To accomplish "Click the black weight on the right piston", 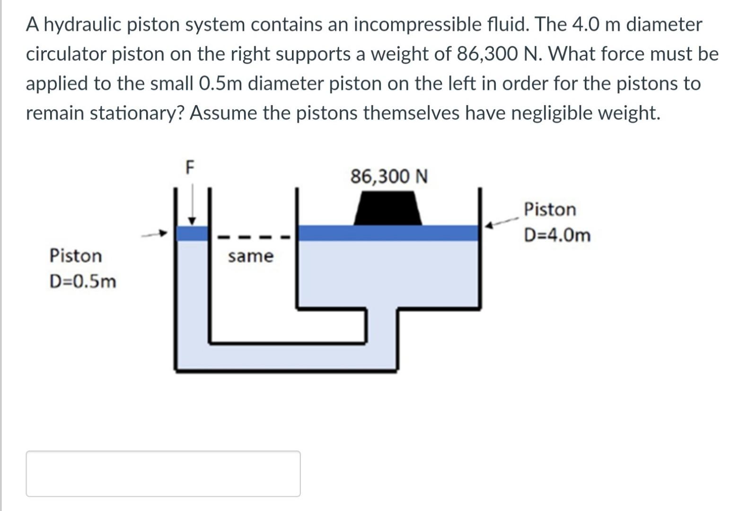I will [x=388, y=208].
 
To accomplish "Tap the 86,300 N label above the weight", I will [x=389, y=177].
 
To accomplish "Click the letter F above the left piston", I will [x=190, y=167].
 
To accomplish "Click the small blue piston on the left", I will [x=192, y=233].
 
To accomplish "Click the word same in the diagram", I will [x=250, y=256].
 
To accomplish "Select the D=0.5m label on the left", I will [x=82, y=282].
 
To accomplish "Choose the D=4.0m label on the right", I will [x=557, y=235].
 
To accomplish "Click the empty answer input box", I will [x=163, y=473].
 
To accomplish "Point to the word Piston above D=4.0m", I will [x=550, y=209].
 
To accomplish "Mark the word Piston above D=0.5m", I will [x=75, y=256].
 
